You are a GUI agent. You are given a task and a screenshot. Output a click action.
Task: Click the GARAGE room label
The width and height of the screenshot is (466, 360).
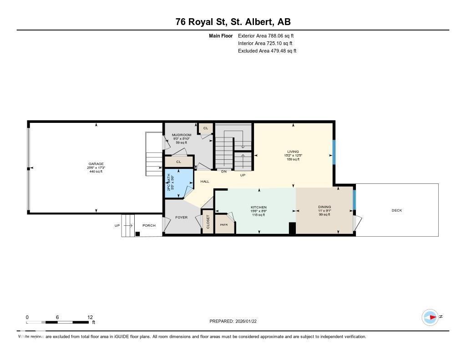[96, 164]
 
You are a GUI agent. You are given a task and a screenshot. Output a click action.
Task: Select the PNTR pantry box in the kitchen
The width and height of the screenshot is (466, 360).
[224, 225]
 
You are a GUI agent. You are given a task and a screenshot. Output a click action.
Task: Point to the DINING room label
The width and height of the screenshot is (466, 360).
[324, 207]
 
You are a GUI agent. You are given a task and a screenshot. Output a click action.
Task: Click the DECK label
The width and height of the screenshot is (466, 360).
[396, 210]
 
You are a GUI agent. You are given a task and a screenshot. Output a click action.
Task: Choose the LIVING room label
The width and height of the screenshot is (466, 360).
[293, 152]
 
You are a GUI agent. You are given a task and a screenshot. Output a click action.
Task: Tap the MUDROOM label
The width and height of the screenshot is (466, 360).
[181, 135]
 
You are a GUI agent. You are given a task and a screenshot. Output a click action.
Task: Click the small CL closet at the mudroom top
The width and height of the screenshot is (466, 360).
[205, 128]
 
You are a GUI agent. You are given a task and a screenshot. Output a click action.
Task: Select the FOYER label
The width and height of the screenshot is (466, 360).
[181, 218]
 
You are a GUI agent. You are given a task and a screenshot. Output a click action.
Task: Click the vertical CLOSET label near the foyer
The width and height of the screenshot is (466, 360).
[208, 222]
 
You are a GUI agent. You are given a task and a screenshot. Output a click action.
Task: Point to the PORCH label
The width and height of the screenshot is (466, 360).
[149, 226]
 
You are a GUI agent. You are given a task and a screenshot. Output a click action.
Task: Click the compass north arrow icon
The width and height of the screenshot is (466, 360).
[430, 317]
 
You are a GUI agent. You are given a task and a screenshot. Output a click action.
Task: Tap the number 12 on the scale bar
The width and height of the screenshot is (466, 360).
[90, 317]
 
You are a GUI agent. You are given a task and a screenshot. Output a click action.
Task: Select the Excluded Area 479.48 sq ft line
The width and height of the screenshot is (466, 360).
[267, 51]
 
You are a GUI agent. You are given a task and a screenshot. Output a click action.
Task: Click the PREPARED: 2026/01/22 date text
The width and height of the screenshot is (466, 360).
[236, 321]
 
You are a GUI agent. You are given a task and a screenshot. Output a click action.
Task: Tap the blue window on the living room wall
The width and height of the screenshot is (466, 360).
[334, 152]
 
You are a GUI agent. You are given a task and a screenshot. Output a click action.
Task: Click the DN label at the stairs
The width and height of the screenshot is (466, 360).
[223, 172]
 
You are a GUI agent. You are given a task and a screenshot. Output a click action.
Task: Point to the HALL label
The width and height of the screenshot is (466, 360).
[205, 182]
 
